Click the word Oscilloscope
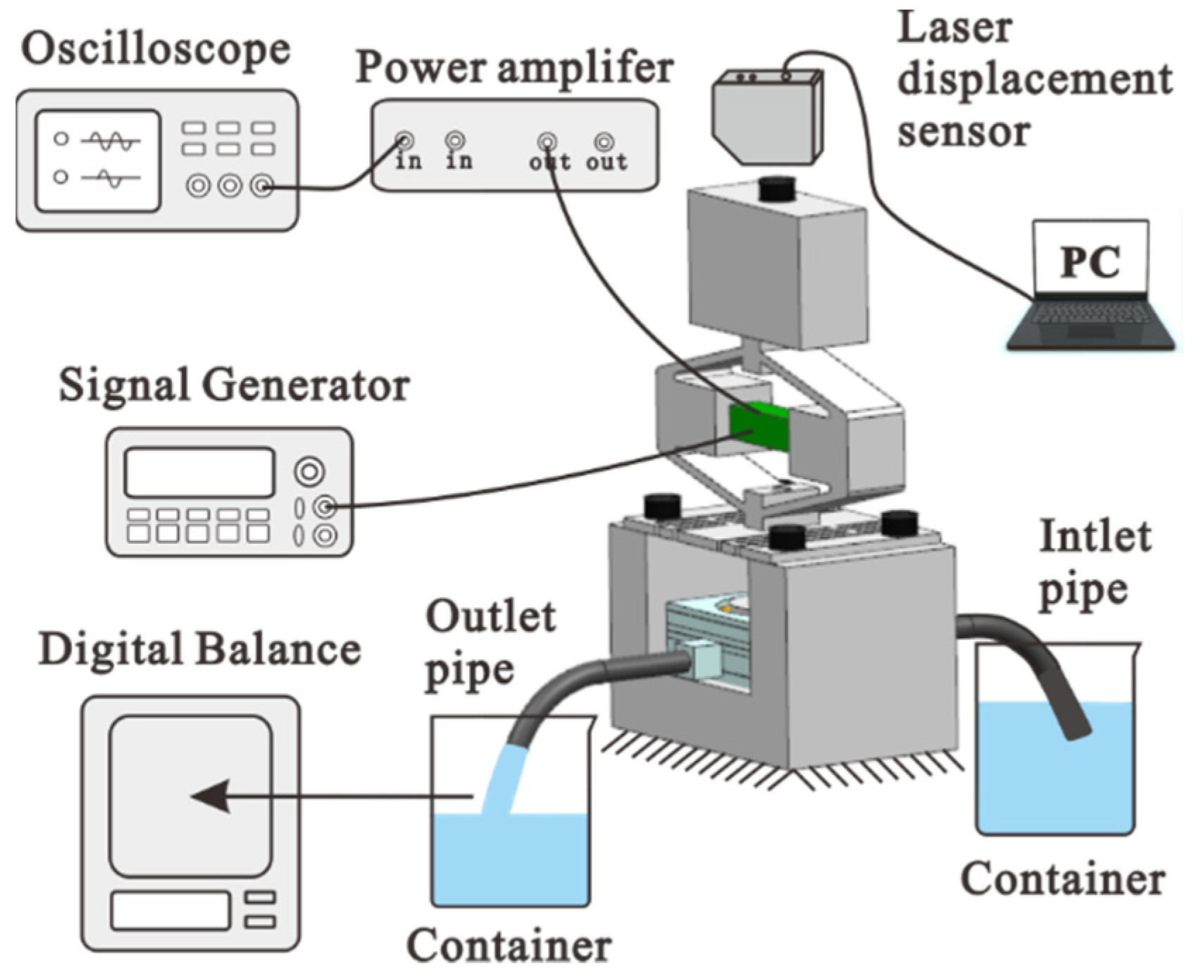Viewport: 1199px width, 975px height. pos(156,51)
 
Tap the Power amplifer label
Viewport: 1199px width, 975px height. pos(514,68)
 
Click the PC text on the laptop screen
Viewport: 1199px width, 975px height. pos(1090,262)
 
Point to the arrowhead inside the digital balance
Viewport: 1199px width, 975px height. pos(211,797)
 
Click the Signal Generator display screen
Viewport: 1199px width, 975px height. pos(199,472)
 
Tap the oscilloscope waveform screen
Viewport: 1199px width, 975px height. pos(98,161)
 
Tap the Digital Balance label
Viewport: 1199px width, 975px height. pos(199,650)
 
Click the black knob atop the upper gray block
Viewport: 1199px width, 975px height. pos(777,189)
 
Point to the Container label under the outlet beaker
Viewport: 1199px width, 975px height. pos(509,946)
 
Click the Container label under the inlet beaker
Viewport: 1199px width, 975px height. pos(1062,881)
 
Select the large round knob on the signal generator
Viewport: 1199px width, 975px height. pos(309,471)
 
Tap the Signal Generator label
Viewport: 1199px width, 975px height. pos(234,386)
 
